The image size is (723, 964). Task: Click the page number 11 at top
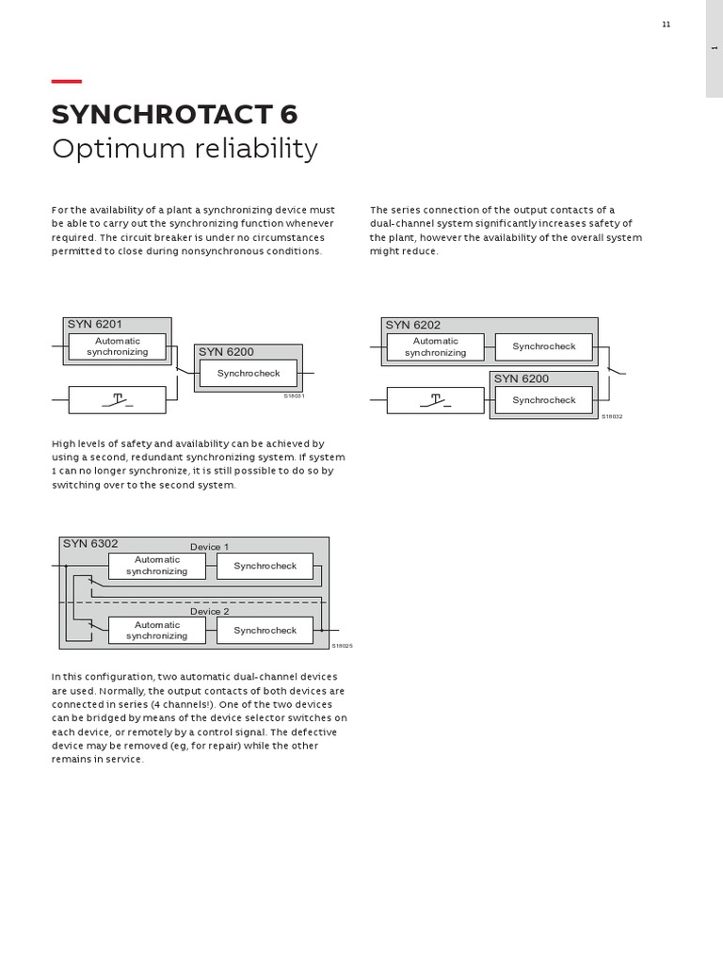click(x=666, y=24)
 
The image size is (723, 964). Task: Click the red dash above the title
click(x=66, y=82)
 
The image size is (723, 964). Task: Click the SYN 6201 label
click(x=94, y=325)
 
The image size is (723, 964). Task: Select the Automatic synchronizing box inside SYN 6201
click(x=117, y=346)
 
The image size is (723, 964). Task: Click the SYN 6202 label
click(x=412, y=325)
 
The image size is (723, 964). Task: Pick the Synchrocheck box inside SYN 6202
click(x=543, y=346)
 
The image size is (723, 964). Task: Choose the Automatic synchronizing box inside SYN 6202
click(x=435, y=346)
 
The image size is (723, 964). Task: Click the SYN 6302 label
click(x=90, y=543)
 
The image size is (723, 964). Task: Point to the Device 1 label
click(x=209, y=547)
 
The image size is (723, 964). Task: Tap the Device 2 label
click(x=209, y=612)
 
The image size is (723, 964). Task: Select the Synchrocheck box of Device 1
click(x=265, y=566)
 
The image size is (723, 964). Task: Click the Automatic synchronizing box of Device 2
click(x=156, y=630)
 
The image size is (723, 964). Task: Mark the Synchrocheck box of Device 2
click(x=265, y=630)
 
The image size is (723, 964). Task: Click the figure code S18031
click(x=294, y=396)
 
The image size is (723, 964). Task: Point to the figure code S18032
click(x=612, y=416)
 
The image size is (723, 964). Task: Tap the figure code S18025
click(x=341, y=646)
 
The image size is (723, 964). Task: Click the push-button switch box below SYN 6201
click(x=117, y=400)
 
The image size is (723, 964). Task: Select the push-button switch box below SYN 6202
click(x=435, y=400)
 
